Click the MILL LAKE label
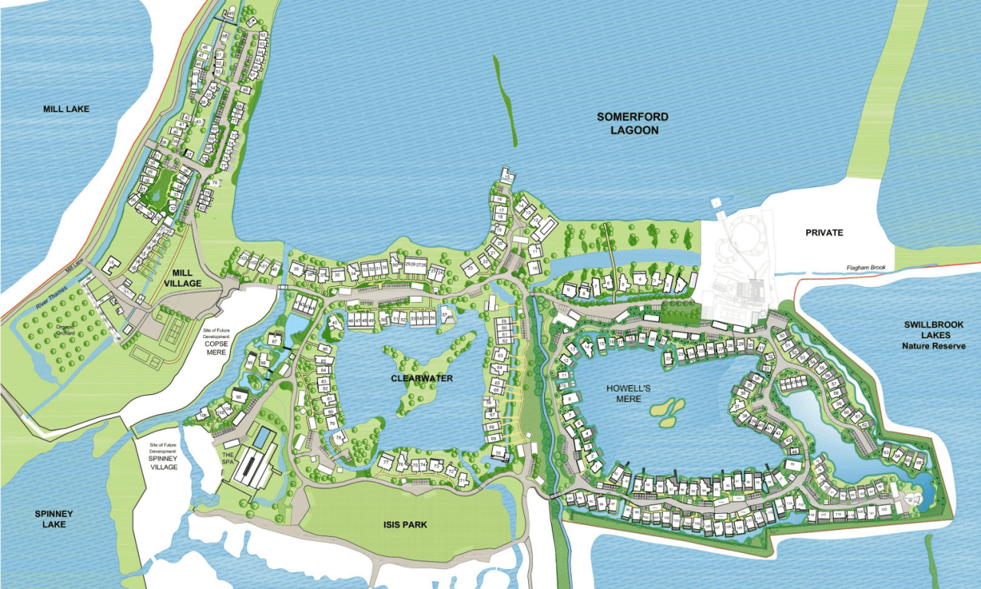point(66,109)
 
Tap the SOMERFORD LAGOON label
point(633,123)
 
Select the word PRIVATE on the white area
point(824,232)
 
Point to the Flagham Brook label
point(866,267)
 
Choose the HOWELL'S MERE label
point(628,393)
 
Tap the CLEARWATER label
point(422,379)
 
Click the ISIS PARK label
point(406,525)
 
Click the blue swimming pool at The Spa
point(262,439)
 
